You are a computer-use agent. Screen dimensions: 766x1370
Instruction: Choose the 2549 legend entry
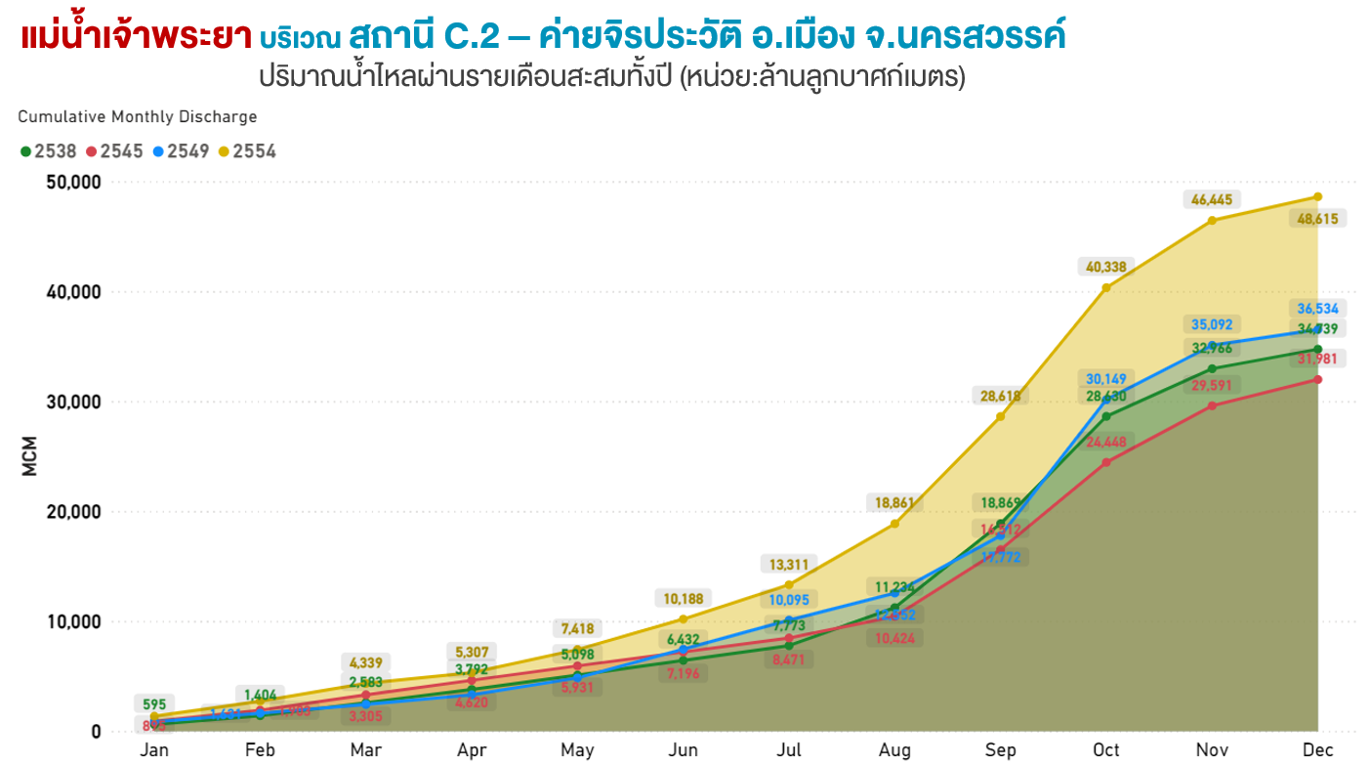(x=187, y=151)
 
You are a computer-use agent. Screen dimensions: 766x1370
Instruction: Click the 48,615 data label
(x=1317, y=219)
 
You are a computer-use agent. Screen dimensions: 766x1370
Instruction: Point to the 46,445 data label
(x=1212, y=200)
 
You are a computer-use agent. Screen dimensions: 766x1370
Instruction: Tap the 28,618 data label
(x=1001, y=396)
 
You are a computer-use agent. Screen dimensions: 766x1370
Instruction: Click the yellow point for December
(x=1317, y=197)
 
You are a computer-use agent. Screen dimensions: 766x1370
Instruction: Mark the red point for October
(x=1106, y=462)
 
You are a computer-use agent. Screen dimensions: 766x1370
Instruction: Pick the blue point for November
(x=1212, y=346)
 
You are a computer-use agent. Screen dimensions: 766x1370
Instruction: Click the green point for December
(x=1317, y=349)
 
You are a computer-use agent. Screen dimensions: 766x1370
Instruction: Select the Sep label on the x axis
(x=1001, y=750)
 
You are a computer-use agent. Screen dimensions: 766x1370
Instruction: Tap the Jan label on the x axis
(x=154, y=750)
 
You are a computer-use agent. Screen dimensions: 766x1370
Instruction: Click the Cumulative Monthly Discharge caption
(x=138, y=117)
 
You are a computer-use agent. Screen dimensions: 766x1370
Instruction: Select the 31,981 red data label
(x=1317, y=360)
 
